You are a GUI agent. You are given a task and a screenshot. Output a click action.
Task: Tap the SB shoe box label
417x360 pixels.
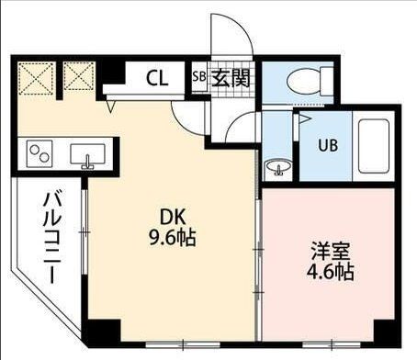pos(199,78)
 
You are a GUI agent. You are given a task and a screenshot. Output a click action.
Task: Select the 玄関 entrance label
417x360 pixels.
pos(230,79)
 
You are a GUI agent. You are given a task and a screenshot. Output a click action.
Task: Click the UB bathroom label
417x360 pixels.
pos(328,145)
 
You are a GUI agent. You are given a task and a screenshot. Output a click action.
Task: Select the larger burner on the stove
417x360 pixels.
pos(42,153)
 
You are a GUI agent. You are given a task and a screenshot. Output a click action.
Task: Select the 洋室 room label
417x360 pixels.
pos(328,251)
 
